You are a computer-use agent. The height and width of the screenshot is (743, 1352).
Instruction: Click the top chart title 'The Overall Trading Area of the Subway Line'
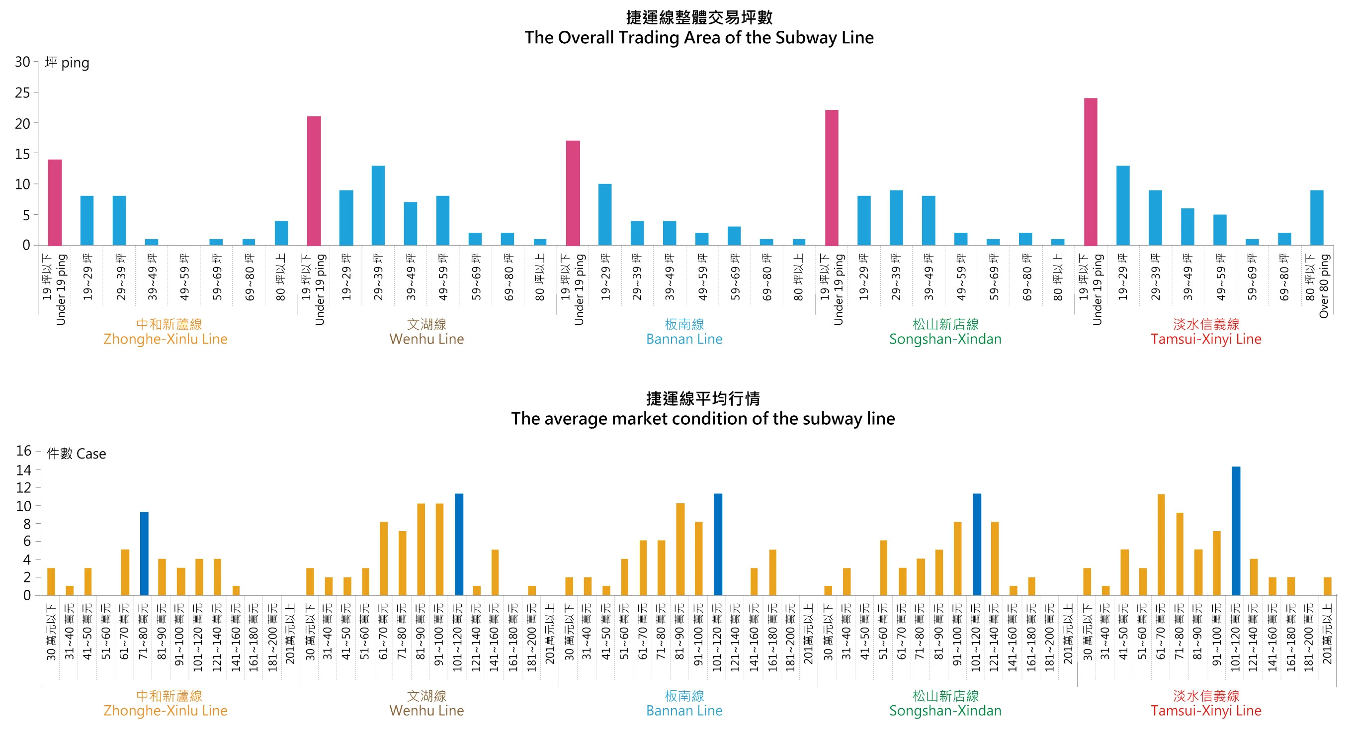pos(698,38)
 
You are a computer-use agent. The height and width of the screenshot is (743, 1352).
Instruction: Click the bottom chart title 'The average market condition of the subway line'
pos(702,418)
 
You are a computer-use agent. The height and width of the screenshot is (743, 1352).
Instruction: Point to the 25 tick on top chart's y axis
pos(22,93)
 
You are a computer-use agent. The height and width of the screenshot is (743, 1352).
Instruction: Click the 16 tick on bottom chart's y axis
pos(24,451)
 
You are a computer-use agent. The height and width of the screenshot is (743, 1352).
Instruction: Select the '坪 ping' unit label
pos(67,63)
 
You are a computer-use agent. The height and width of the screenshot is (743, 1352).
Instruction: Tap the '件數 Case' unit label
pos(76,454)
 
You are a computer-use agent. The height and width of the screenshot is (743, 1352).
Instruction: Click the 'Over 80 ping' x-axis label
pos(1324,285)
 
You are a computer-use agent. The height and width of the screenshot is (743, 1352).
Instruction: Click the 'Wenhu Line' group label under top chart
pos(426,339)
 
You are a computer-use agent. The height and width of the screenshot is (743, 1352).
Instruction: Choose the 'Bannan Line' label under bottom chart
pos(684,711)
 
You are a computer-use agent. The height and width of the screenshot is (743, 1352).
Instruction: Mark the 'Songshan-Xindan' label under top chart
pos(945,339)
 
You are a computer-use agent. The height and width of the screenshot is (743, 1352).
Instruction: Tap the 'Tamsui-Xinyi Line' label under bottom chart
pos(1205,711)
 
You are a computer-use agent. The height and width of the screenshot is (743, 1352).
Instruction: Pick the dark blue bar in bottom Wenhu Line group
pos(459,544)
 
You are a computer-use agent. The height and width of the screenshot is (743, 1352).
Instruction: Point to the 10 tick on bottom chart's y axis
pos(24,506)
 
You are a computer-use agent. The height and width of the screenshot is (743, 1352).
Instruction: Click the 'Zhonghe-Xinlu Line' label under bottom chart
pos(166,711)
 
